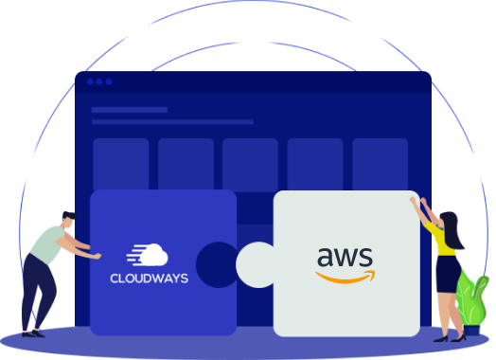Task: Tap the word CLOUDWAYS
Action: pos(150,279)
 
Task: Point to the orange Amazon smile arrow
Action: pos(345,277)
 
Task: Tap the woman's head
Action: pos(449,224)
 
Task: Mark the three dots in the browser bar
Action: pos(99,81)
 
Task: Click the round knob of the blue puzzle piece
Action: pos(217,262)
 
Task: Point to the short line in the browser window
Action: pos(129,110)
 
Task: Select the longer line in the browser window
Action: pos(171,122)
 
